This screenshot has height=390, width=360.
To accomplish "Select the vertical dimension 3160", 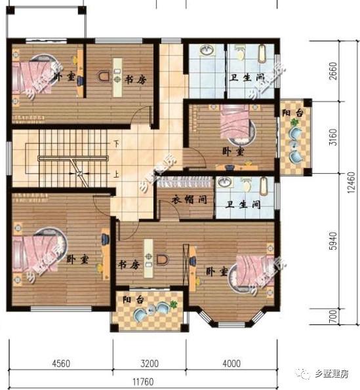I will pyautogui.click(x=333, y=139).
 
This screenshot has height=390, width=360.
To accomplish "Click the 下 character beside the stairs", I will pyautogui.click(x=116, y=143).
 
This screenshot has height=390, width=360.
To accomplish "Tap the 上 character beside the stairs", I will pyautogui.click(x=116, y=174).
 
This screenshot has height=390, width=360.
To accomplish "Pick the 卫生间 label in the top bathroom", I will pyautogui.click(x=247, y=77).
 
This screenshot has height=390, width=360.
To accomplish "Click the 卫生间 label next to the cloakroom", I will pyautogui.click(x=244, y=205).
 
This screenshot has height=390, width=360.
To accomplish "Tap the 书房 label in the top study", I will pyautogui.click(x=134, y=79).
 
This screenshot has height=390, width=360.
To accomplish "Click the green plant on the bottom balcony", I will pyautogui.click(x=173, y=305).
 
